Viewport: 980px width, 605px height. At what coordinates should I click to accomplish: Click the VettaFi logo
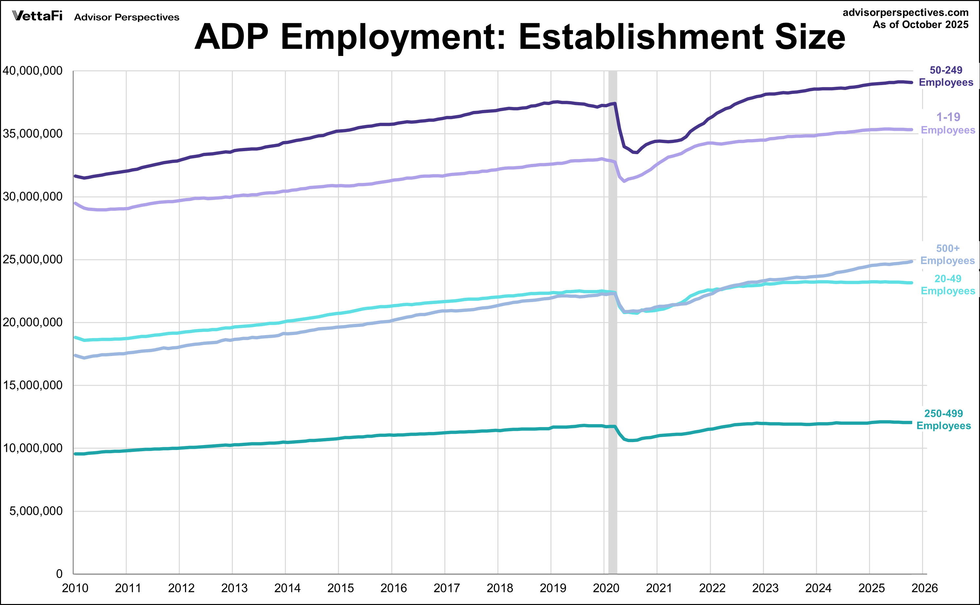pos(37,16)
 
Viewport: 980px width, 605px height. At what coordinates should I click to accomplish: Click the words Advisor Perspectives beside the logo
pos(126,17)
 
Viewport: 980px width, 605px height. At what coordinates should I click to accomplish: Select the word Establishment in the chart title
pos(642,37)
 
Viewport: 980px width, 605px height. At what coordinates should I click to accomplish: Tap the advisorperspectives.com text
pos(906,12)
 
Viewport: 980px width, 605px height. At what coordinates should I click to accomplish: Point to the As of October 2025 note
pos(920,25)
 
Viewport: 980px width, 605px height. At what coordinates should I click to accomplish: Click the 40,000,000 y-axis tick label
pos(32,71)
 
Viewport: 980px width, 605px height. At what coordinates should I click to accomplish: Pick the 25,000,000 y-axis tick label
pos(32,259)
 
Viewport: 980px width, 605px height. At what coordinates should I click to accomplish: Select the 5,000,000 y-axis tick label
pos(36,511)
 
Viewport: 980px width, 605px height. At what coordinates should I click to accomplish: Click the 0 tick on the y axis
pos(59,574)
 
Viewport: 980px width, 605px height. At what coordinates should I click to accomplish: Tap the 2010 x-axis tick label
pos(75,588)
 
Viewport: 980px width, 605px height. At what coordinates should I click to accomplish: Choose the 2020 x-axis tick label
pos(606,588)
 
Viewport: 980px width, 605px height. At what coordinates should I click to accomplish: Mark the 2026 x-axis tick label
pos(924,588)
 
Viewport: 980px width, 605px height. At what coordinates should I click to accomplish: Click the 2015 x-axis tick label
pos(340,588)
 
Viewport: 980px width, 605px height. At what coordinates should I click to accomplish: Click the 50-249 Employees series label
pos(946,76)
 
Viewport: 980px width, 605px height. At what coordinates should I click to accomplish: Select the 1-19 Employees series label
pos(948,123)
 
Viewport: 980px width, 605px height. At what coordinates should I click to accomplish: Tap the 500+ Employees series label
pos(947,255)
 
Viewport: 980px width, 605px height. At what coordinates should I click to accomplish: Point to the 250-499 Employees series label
pos(944,419)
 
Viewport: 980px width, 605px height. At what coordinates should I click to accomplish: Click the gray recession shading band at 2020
pos(613,360)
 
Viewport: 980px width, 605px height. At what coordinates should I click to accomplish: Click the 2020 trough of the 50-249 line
pos(636,152)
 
